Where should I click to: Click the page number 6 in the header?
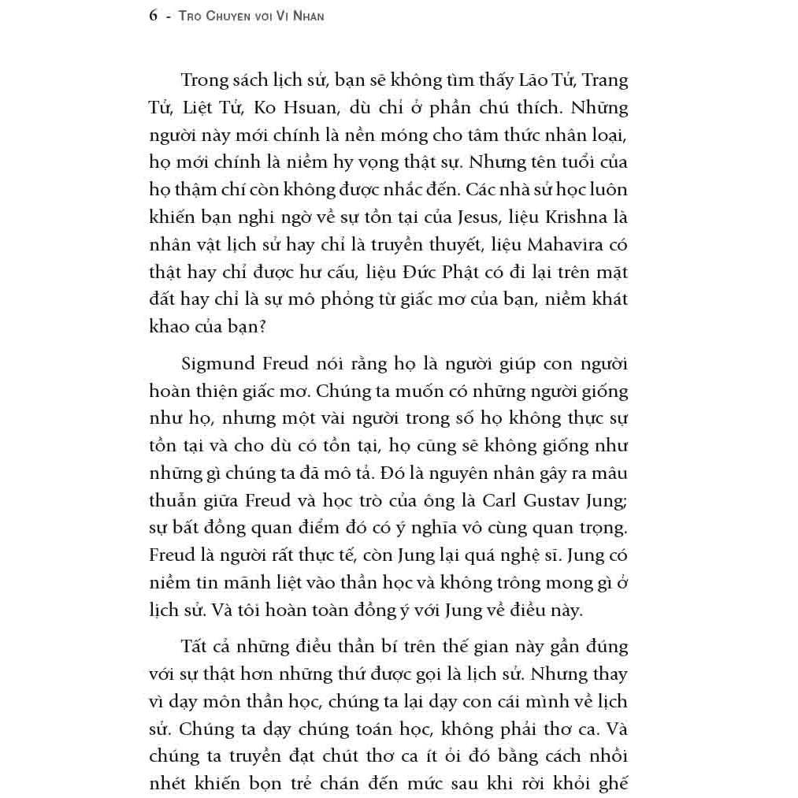tap(153, 16)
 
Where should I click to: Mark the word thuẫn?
tap(172, 501)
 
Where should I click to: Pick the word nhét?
tap(167, 784)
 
